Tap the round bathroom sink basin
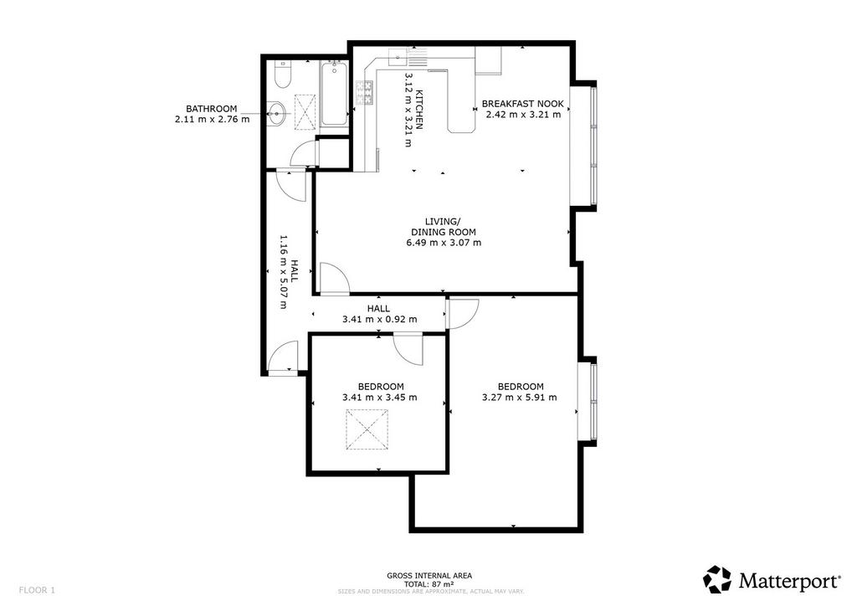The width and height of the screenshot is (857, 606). coord(277,114)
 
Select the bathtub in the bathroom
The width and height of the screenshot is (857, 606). coord(334,94)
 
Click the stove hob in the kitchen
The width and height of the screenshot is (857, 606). coord(365,93)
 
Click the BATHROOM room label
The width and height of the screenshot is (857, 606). coord(212,109)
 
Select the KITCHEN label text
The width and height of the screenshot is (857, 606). coord(420,110)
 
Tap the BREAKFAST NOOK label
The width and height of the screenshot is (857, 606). coord(523,104)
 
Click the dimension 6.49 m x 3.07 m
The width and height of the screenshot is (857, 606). coord(444,243)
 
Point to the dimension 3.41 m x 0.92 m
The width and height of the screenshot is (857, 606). coord(379,319)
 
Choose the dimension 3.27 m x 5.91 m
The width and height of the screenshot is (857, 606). coord(520,398)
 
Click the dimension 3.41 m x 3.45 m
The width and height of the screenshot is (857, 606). coord(380,398)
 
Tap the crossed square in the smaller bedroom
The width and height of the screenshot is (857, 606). coord(367,429)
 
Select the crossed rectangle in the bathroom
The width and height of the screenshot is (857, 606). coord(305,112)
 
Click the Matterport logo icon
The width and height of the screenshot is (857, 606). coord(717,579)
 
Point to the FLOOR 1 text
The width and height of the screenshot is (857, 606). coord(37,590)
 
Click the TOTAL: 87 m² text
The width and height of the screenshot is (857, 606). coord(429,583)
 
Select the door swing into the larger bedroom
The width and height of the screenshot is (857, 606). coord(464,314)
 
